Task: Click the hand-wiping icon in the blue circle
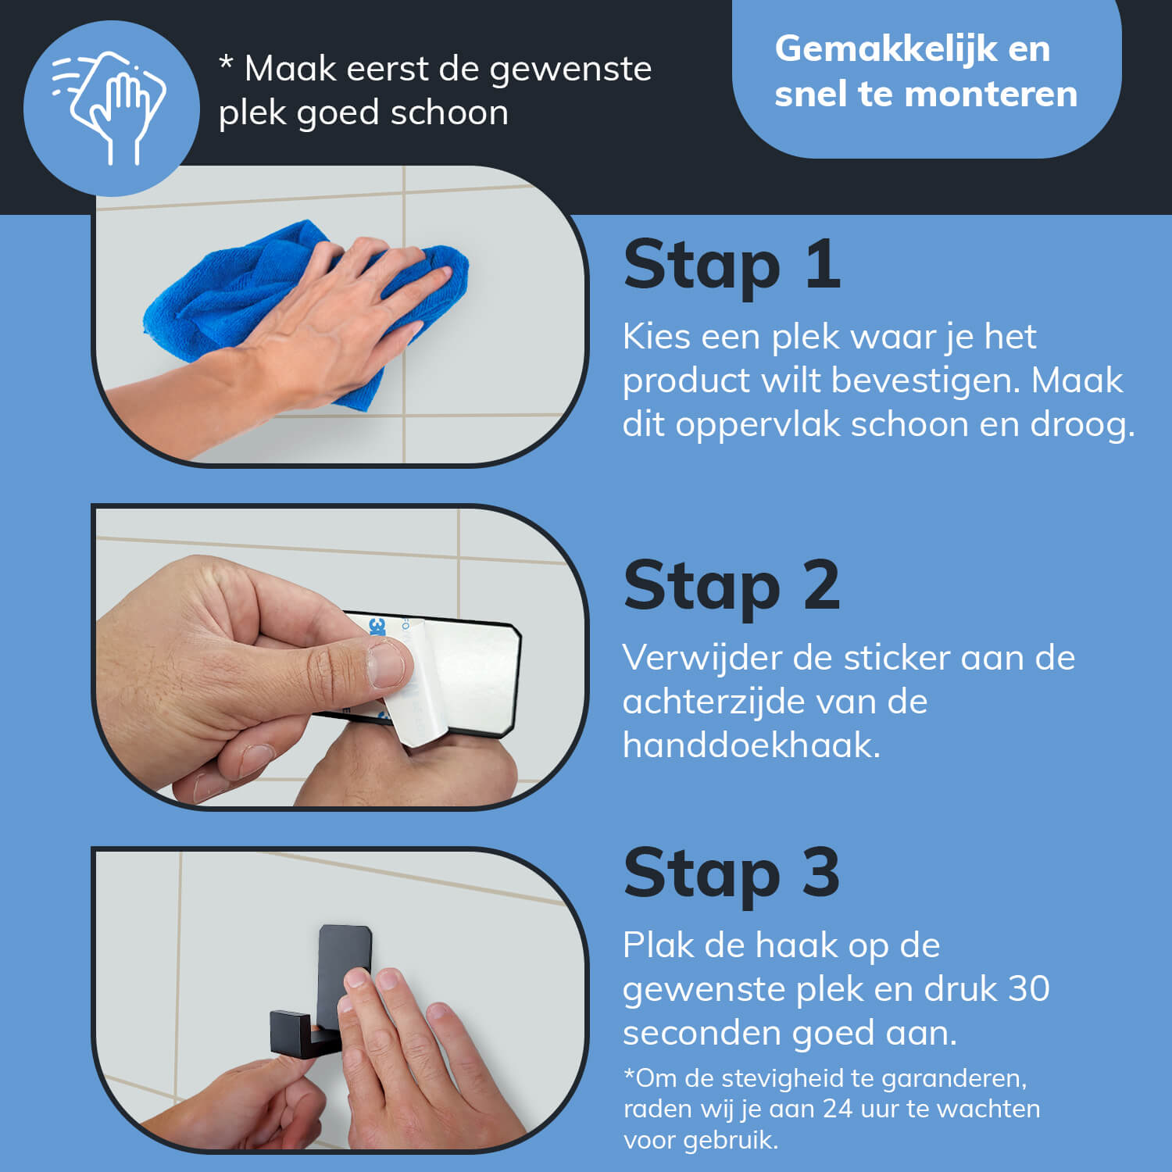coord(109,108)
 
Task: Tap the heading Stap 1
coord(732,265)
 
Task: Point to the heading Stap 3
coord(732,874)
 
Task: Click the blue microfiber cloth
coord(305,313)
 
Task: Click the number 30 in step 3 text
coord(1028,989)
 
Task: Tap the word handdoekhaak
coord(752,745)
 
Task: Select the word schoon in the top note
coord(449,113)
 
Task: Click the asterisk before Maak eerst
coord(226,63)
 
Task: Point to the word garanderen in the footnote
coord(954,1079)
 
